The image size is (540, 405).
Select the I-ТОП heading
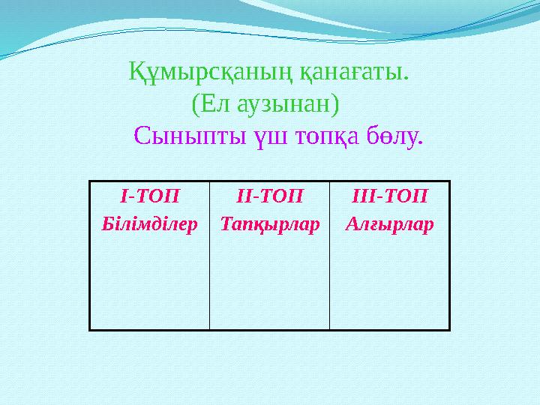149,196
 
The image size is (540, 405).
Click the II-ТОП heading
269,196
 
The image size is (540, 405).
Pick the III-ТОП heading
389,196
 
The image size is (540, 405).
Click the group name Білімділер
149,223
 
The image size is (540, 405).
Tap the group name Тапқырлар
269,223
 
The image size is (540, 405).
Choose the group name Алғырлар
389,223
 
